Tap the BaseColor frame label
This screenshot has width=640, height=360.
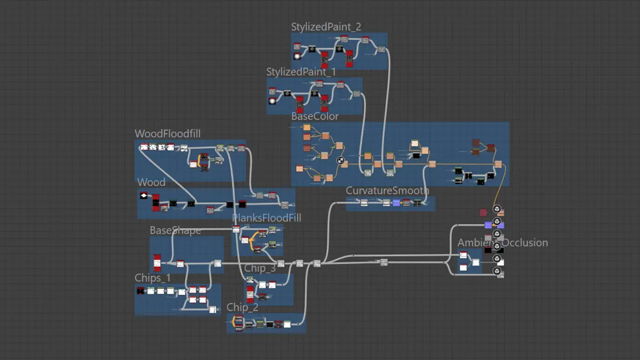(315, 116)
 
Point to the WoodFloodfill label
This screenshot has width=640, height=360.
(167, 134)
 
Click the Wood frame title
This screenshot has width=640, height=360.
(151, 182)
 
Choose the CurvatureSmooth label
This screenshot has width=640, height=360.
(387, 191)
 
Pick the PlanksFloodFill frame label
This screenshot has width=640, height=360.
(267, 218)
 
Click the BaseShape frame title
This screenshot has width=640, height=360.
(175, 230)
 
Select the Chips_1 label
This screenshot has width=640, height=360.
(153, 278)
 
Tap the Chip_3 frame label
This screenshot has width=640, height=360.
(260, 268)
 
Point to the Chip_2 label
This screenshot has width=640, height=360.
(242, 307)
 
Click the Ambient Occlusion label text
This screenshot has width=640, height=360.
(502, 243)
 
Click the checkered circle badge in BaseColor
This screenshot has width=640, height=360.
(340, 159)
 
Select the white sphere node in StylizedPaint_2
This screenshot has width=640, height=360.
(297, 56)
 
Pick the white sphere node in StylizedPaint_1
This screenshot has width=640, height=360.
(272, 101)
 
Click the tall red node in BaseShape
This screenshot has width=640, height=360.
(157, 262)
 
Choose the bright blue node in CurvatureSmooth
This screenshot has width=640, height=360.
(396, 203)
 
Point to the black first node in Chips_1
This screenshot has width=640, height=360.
(140, 291)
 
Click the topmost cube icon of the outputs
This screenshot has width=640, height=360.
(497, 209)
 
